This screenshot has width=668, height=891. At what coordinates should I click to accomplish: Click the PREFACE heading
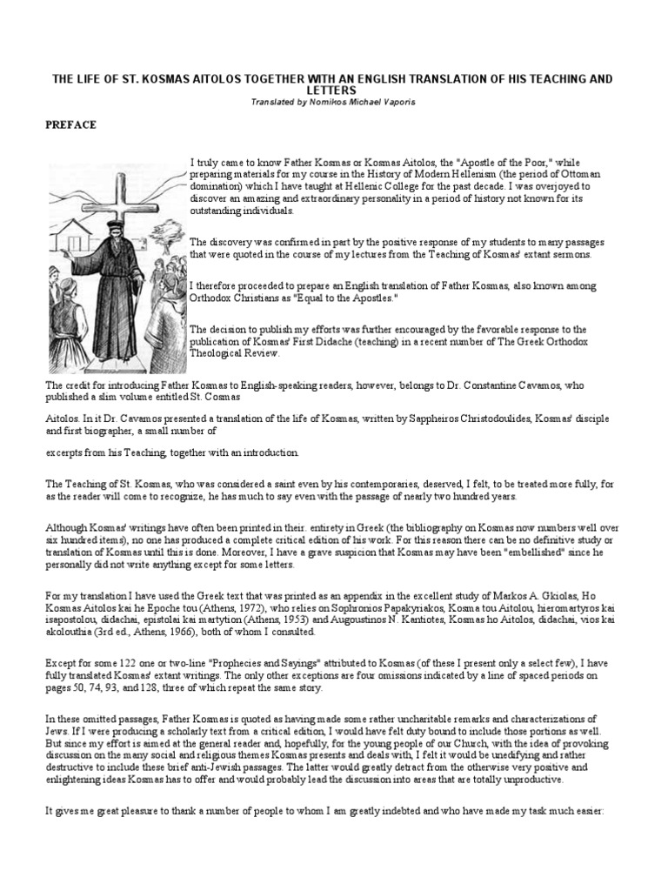pyautogui.click(x=70, y=124)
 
